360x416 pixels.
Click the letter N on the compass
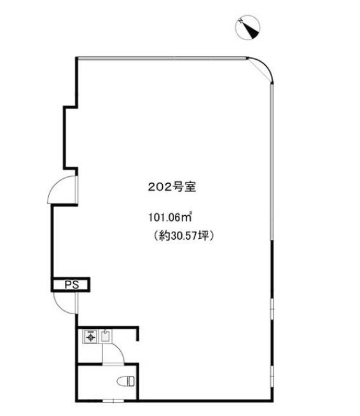point(241,21)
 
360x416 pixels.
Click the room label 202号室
point(172,187)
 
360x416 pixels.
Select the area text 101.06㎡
point(170,218)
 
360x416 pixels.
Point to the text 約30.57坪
point(184,235)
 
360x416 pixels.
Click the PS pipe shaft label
point(72,285)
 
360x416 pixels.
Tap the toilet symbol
point(126,381)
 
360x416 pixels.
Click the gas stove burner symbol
point(91,337)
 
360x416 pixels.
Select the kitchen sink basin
point(106,336)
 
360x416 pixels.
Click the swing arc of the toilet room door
point(119,350)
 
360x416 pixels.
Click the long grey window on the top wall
point(162,58)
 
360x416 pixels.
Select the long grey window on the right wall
point(272,162)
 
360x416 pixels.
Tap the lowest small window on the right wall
point(272,374)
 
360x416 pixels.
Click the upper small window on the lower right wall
point(272,309)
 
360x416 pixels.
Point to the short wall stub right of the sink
point(137,333)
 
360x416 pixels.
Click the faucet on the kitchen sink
point(106,332)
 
